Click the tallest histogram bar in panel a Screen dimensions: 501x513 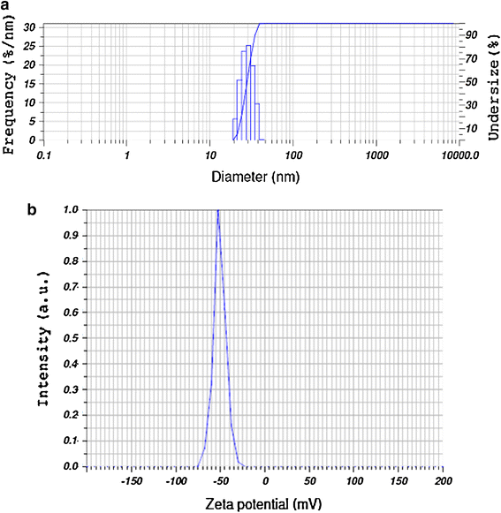248,93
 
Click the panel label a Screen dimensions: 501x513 5,5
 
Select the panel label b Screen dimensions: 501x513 32,210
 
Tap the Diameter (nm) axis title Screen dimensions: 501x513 255,177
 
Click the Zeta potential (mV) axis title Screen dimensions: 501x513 263,504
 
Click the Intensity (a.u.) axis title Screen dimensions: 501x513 43,339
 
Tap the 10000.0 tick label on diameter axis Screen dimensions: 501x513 460,155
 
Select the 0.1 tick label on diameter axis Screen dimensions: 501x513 44,155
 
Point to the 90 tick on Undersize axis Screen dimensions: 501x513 472,34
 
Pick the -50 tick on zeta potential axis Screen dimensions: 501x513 220,481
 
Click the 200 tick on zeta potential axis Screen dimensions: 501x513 444,481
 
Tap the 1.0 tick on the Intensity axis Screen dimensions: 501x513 71,210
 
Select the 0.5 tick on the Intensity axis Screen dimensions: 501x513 71,338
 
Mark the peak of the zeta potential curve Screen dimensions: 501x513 218,210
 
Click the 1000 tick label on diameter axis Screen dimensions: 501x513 377,155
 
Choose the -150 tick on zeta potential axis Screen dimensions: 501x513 132,481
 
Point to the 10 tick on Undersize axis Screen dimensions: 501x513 472,128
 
